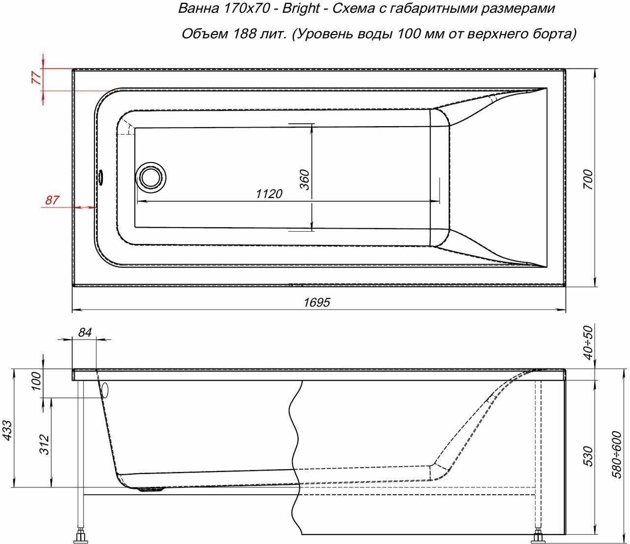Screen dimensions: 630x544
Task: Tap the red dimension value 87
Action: click(x=52, y=201)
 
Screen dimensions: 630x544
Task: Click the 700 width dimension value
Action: click(x=587, y=180)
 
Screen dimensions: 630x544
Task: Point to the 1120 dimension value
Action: click(x=269, y=194)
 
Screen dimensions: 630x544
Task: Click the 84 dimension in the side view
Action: click(x=85, y=333)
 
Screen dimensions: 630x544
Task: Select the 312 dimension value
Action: click(x=45, y=444)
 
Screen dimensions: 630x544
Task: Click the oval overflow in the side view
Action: click(x=104, y=390)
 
